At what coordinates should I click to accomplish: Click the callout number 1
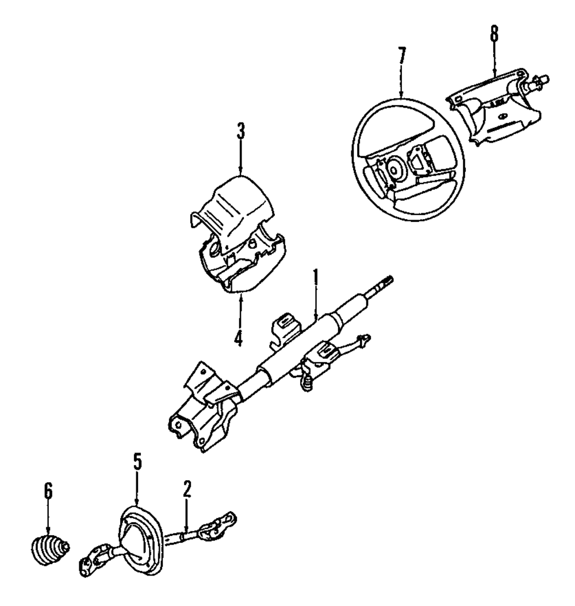[x=315, y=280]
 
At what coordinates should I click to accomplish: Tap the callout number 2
[x=187, y=489]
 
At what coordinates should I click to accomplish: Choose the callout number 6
[x=48, y=492]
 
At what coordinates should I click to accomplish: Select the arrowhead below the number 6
[x=48, y=530]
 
